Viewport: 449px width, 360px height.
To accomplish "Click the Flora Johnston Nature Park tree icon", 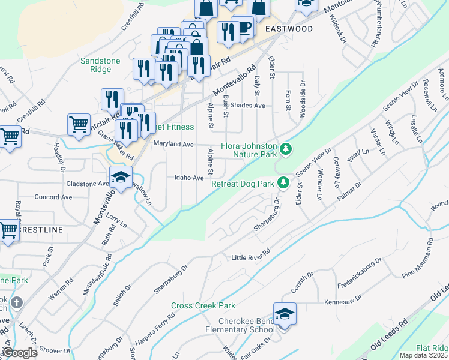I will click(286, 148).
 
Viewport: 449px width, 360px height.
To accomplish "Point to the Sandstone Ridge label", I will click(101, 65).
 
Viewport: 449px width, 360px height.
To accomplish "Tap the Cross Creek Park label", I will click(203, 305).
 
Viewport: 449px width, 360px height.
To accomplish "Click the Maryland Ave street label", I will click(173, 145).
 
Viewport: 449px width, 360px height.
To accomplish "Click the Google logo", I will click(20, 352).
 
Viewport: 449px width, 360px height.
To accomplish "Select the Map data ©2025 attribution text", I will click(423, 355).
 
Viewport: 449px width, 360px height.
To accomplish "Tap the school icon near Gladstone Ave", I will click(121, 178).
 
